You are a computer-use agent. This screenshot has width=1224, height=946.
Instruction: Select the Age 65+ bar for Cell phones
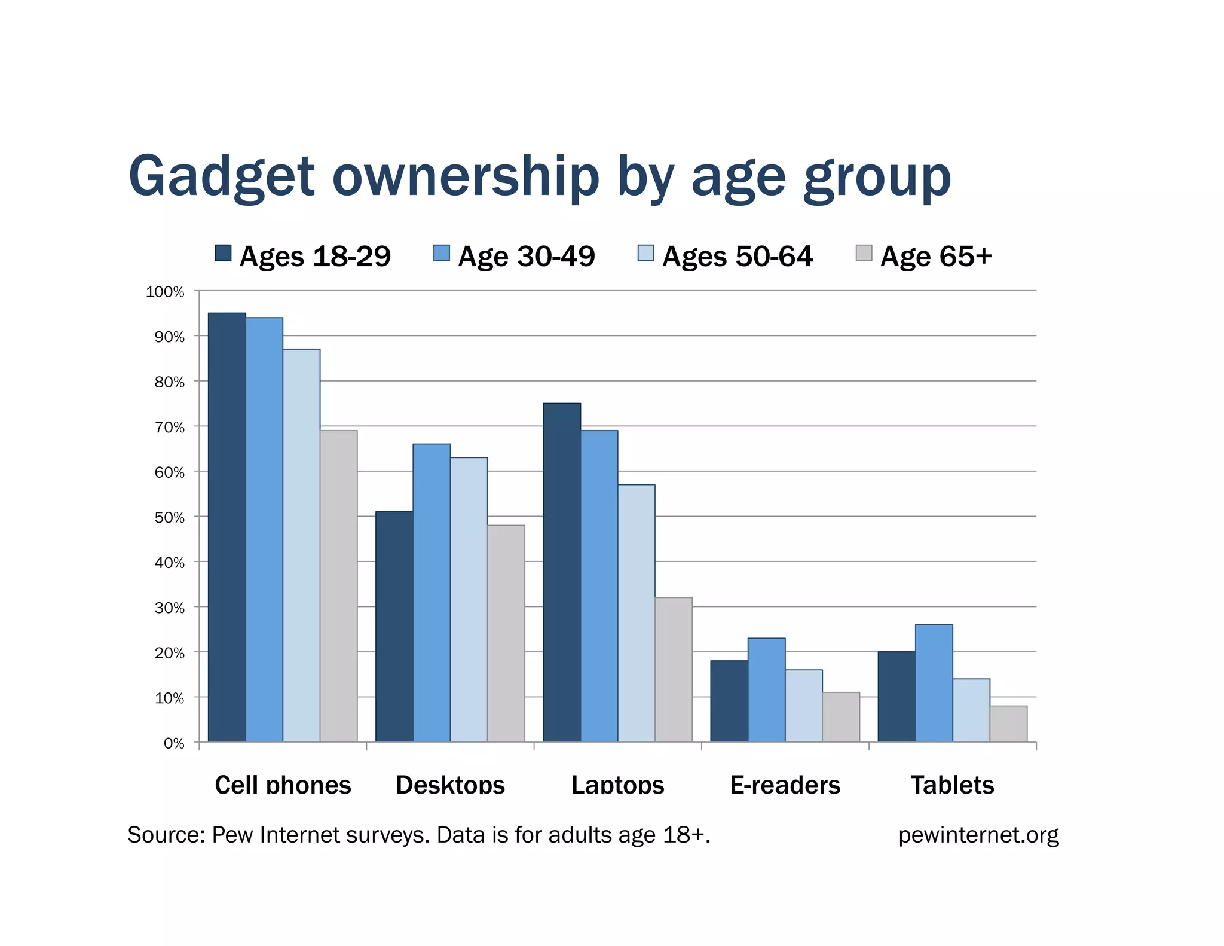point(338,586)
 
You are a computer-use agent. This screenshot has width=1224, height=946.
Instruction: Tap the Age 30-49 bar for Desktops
point(432,593)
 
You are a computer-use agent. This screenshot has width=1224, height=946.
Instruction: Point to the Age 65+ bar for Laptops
point(674,670)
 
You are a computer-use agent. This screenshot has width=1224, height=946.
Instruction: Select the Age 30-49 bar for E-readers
point(766,690)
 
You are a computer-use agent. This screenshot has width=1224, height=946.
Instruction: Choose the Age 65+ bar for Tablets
point(1008,724)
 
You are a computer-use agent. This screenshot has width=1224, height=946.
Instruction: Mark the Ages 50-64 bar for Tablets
point(971,710)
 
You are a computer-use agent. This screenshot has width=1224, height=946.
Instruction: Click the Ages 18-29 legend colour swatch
point(223,253)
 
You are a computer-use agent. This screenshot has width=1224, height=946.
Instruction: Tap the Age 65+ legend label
point(936,256)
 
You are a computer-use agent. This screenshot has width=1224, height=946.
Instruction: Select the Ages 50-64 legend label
point(737,256)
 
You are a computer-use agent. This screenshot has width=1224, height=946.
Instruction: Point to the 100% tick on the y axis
point(165,292)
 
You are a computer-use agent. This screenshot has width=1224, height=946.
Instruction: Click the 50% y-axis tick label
point(169,517)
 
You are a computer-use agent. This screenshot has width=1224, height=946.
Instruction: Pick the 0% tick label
point(173,743)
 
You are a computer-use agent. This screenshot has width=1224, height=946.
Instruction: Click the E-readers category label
point(785,785)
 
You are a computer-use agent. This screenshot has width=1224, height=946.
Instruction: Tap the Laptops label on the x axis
point(617,785)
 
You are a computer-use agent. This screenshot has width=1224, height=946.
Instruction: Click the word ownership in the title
point(465,176)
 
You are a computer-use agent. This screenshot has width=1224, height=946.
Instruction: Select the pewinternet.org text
point(978,835)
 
